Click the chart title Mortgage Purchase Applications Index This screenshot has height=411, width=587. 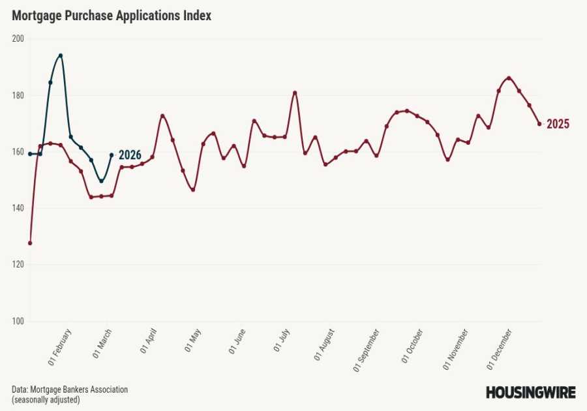[x=112, y=16]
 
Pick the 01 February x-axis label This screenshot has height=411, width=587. [x=60, y=345]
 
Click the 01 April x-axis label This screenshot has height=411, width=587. [x=152, y=342]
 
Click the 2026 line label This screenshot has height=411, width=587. [x=130, y=155]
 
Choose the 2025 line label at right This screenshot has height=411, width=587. [x=558, y=125]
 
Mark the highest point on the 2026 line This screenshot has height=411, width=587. [x=61, y=55]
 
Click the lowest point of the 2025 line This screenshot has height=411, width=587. [x=30, y=243]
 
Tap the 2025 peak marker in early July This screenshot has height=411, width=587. [x=295, y=93]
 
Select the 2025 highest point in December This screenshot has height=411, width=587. [x=509, y=78]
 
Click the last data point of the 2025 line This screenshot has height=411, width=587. [x=539, y=124]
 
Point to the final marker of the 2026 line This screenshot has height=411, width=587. [x=112, y=155]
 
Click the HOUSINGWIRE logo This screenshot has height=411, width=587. [x=530, y=392]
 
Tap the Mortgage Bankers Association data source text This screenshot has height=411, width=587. [x=70, y=389]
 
